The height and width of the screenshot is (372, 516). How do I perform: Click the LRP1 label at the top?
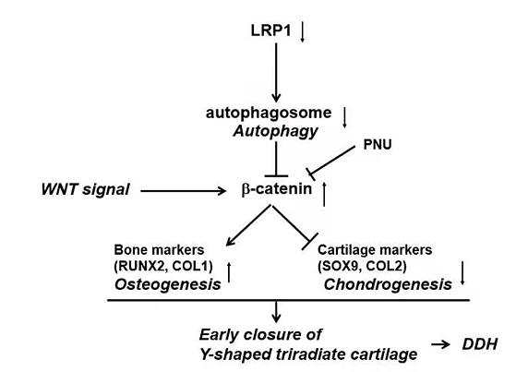(270, 30)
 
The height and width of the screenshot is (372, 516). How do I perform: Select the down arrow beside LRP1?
(303, 32)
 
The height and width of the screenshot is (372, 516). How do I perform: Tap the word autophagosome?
(269, 113)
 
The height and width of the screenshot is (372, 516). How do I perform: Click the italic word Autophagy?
(275, 131)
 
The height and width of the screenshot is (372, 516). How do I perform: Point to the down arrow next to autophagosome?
(344, 117)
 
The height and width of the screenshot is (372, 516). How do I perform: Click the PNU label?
(378, 145)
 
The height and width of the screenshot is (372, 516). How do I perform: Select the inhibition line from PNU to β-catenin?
(330, 161)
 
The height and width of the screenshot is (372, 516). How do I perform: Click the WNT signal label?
(85, 189)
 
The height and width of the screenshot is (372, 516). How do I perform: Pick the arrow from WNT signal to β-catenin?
(184, 190)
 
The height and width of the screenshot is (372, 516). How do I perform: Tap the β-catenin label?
(277, 189)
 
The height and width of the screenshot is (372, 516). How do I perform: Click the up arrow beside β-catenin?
(324, 194)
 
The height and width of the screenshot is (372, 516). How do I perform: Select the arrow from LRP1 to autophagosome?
(276, 72)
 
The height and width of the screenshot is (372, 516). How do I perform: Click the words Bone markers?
(159, 250)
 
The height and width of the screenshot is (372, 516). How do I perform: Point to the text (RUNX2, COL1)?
(163, 266)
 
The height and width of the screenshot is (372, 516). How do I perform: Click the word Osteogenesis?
(167, 284)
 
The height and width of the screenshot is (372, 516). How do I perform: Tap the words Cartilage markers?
(375, 250)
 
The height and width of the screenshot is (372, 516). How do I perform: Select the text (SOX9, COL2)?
(362, 266)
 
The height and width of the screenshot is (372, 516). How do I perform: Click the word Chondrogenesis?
(388, 284)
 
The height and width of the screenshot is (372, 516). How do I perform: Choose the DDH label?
(479, 344)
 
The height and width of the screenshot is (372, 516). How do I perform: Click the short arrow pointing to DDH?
(440, 344)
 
